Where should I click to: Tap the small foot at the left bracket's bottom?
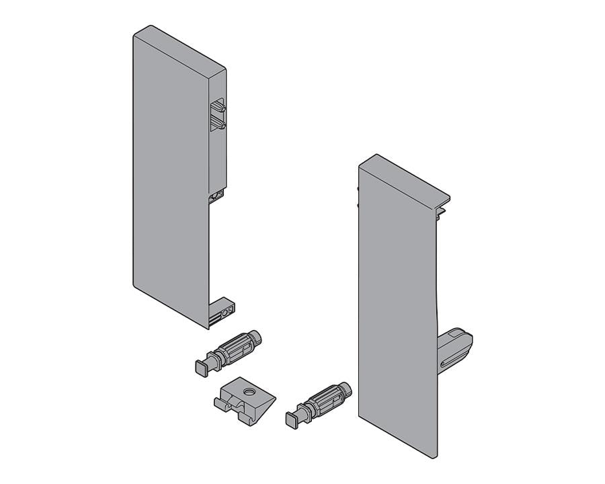[223, 312]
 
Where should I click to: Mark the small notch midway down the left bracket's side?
[216, 196]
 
